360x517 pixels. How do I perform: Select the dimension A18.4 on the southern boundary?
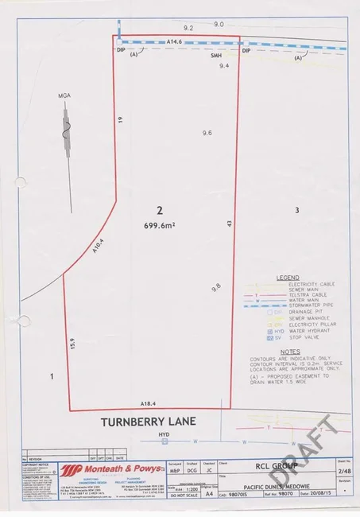click(148, 404)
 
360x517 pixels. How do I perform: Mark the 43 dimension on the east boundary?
click(229, 226)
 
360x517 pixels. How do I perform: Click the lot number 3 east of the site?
click(296, 210)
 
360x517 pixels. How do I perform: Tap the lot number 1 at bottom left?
click(52, 375)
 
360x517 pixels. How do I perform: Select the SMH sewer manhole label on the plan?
click(215, 56)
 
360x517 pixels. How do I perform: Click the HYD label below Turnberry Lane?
click(165, 434)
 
